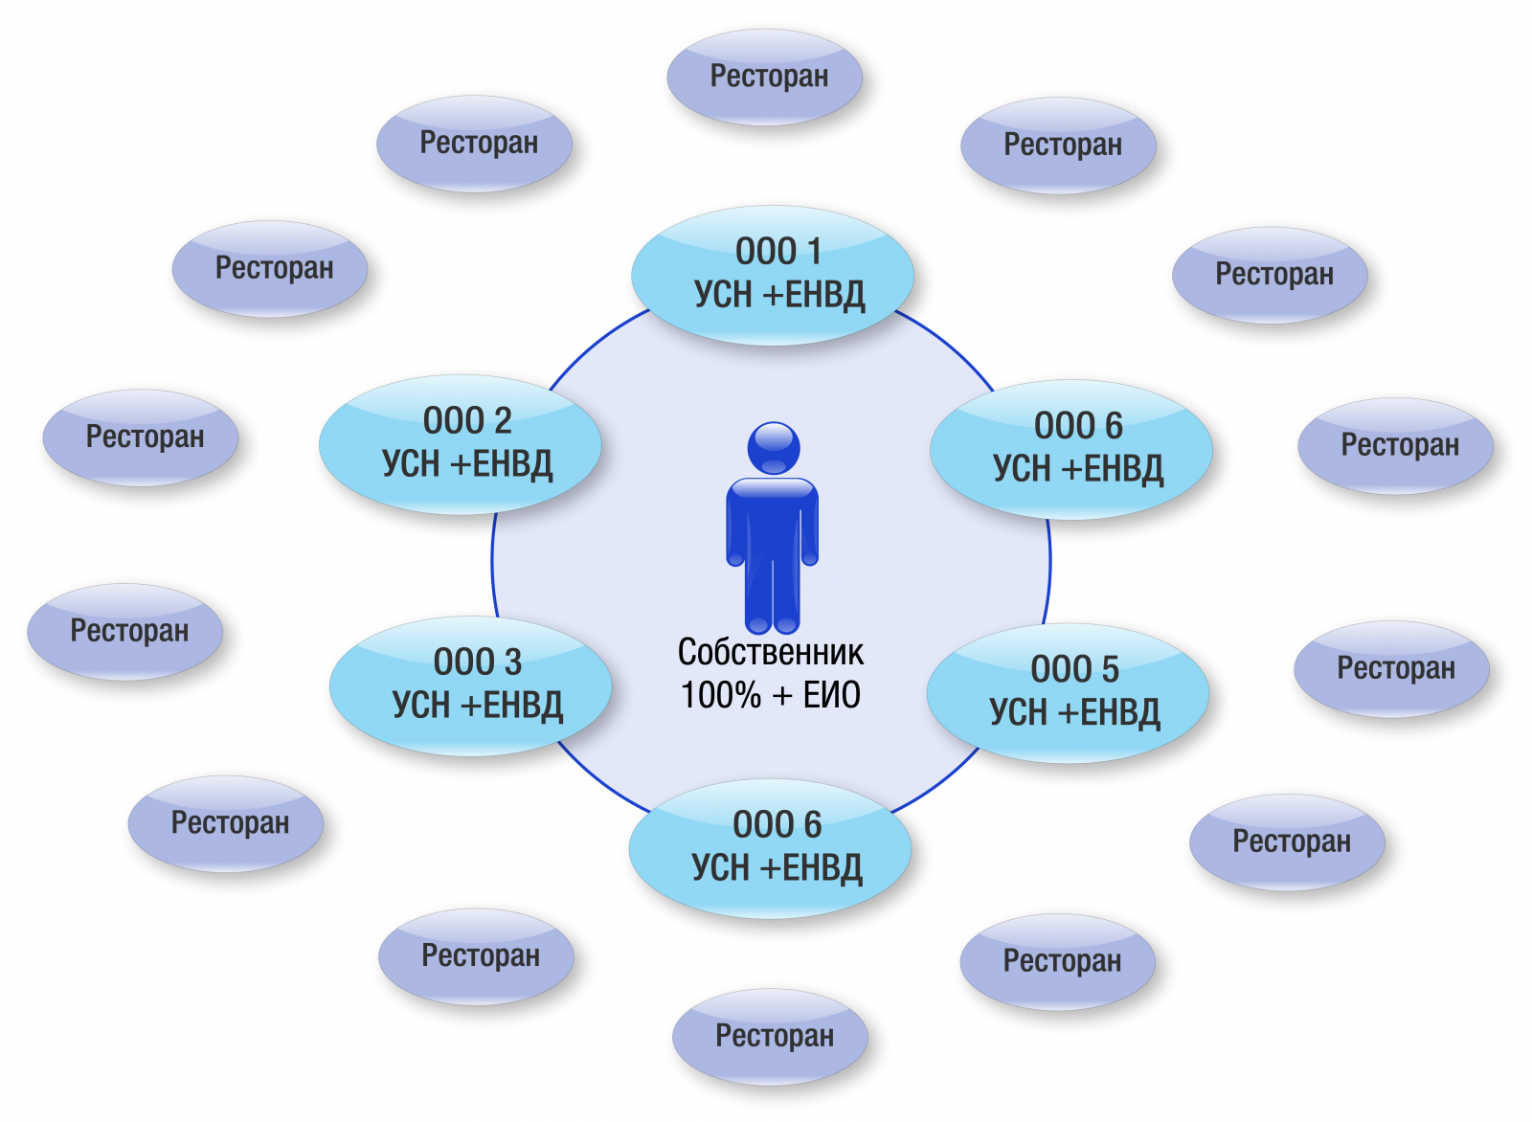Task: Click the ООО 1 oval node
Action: point(772,275)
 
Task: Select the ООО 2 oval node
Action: point(461,444)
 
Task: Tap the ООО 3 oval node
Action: point(470,685)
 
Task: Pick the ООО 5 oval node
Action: point(1068,692)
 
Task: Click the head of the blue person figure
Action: point(774,448)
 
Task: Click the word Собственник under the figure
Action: point(771,652)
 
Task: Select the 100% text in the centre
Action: point(721,695)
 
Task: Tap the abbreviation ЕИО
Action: point(832,695)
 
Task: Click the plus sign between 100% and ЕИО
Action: point(782,696)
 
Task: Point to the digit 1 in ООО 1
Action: point(814,251)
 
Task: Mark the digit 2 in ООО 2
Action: point(503,420)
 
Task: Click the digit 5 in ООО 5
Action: point(1110,668)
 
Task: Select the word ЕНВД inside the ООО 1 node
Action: point(824,296)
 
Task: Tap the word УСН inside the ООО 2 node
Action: point(411,464)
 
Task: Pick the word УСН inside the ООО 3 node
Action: point(420,706)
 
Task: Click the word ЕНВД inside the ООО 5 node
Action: point(1120,713)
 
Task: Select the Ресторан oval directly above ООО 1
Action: point(765,78)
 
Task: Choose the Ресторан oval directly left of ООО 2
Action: point(140,438)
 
